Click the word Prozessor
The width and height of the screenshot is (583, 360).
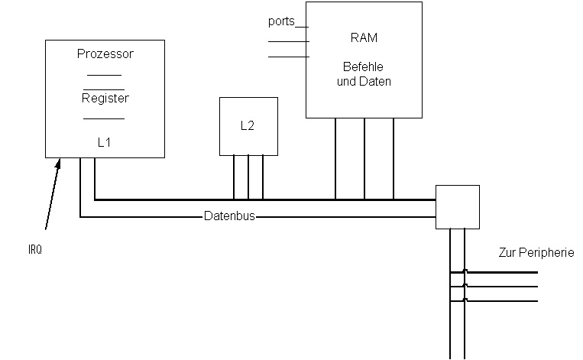tap(105, 54)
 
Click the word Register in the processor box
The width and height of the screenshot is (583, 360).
tap(105, 99)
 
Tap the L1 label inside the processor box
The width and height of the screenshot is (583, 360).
tap(105, 143)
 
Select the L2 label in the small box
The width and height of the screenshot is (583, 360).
tap(248, 126)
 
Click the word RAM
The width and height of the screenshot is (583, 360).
tap(364, 37)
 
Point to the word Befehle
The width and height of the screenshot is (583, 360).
tap(364, 67)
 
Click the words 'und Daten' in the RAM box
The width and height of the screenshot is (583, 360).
tap(364, 81)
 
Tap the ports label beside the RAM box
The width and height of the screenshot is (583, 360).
tap(282, 21)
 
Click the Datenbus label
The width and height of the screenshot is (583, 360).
tap(229, 216)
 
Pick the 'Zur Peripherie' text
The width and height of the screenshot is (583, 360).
tap(536, 253)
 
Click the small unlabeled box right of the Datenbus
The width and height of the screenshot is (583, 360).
tap(457, 206)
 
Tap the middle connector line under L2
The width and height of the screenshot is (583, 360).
tap(248, 177)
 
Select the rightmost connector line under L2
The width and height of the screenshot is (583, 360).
tap(263, 177)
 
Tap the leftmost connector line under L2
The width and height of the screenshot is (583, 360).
tap(234, 177)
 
